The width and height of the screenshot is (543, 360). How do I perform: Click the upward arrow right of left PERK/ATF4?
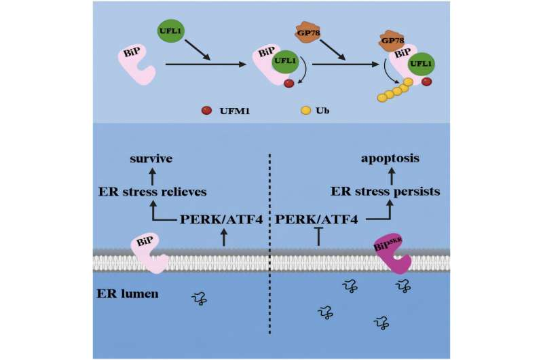224,237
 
